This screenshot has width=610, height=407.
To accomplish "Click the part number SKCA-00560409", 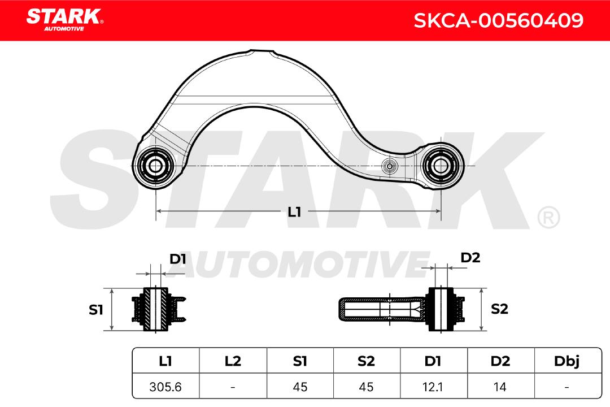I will tap(498, 21).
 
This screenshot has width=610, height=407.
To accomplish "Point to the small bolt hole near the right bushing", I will tap(389, 166).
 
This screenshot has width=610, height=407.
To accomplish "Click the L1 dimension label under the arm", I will tap(294, 212).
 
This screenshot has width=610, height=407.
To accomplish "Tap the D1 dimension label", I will tap(178, 259).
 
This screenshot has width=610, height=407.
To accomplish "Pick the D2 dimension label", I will tap(470, 258).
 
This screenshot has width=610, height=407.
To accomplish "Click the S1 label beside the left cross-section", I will tap(96, 310).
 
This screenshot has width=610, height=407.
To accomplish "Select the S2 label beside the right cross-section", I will tap(499, 309).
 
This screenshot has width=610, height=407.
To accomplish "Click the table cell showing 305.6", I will tap(165, 387).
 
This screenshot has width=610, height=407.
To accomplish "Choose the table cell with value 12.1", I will tap(433, 387).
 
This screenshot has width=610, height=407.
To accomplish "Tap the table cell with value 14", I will tap(500, 387).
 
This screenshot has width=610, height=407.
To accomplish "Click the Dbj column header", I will tap(566, 361).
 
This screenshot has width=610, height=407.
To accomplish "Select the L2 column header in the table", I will tap(233, 361).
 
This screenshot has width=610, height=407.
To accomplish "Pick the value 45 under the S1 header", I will tap(300, 387).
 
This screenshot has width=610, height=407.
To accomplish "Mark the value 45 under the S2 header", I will tap(367, 387).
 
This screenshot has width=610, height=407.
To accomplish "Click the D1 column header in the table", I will tap(433, 361).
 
